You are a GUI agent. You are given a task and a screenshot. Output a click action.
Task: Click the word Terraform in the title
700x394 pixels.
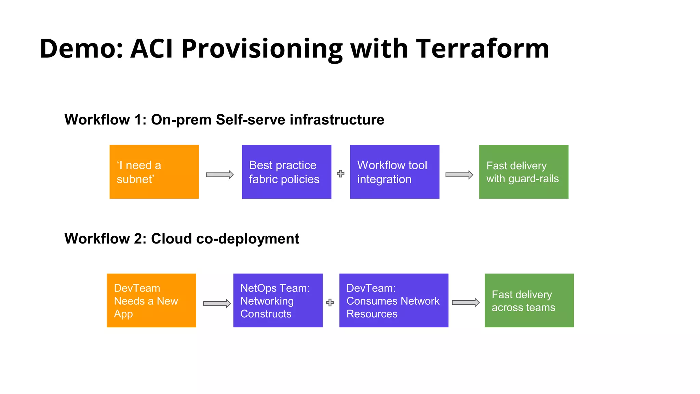pyautogui.click(x=482, y=49)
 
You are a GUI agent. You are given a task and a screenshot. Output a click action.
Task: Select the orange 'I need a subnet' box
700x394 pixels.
pyautogui.click(x=154, y=172)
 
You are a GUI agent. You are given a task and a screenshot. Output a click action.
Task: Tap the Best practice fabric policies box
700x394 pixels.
pyautogui.click(x=286, y=172)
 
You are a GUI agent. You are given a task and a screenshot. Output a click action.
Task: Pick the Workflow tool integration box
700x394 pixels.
pyautogui.click(x=394, y=172)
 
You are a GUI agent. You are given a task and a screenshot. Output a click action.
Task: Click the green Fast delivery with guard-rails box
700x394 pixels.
pyautogui.click(x=524, y=172)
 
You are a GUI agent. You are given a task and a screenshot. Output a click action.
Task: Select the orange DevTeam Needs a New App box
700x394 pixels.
pyautogui.click(x=151, y=300)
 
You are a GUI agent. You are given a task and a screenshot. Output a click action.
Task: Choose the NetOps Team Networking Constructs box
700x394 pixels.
pyautogui.click(x=278, y=300)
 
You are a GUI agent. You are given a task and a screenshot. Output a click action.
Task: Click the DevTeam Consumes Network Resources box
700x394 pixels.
pyautogui.click(x=394, y=300)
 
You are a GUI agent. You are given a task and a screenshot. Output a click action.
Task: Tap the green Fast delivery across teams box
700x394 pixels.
pyautogui.click(x=529, y=300)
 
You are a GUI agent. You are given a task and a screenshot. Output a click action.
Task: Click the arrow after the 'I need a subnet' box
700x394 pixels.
pyautogui.click(x=220, y=175)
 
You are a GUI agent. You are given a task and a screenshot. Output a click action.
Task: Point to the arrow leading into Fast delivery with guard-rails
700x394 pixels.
pyautogui.click(x=459, y=175)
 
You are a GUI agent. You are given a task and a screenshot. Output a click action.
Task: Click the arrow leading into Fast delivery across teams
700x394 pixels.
pyautogui.click(x=466, y=302)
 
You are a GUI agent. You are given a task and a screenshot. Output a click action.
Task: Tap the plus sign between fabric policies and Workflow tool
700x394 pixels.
pyautogui.click(x=340, y=174)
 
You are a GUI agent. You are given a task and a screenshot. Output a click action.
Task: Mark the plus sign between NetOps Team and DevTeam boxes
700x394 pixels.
pyautogui.click(x=330, y=302)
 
